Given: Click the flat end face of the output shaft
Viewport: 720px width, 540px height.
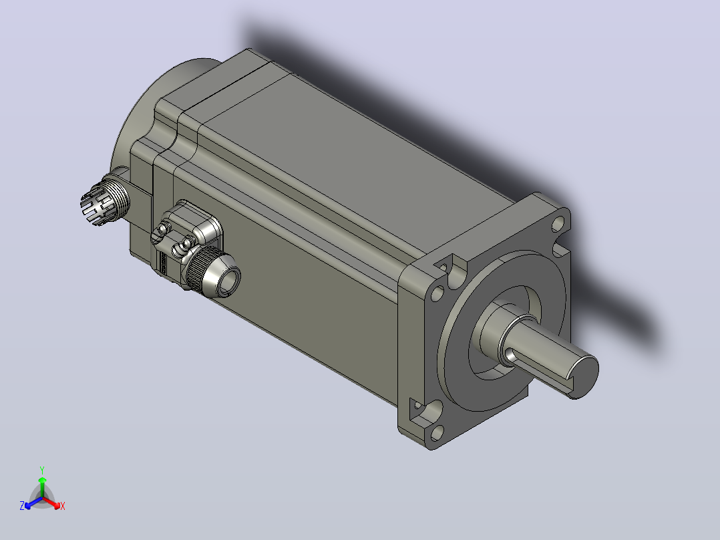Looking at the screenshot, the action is pos(584,377).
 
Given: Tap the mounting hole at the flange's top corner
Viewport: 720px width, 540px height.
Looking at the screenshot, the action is pos(558,224).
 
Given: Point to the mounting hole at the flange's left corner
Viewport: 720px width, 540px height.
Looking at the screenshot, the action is pos(437,292).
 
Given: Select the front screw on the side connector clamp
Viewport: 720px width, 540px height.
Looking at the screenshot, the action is pos(188,242).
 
